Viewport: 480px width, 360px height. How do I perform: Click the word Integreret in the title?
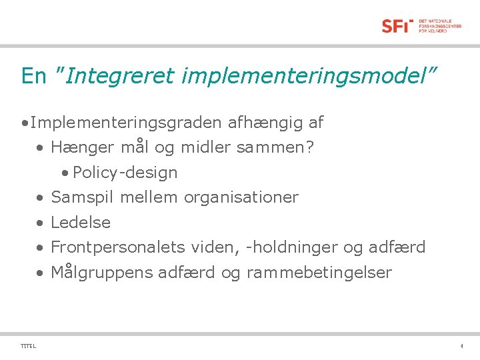pyautogui.click(x=118, y=76)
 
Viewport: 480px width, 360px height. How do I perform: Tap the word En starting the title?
pyautogui.click(x=33, y=76)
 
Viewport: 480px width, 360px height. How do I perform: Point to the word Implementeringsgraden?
pyautogui.click(x=126, y=123)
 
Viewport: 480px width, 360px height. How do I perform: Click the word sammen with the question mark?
pyautogui.click(x=275, y=147)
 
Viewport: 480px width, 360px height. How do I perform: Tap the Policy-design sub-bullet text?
pyautogui.click(x=125, y=173)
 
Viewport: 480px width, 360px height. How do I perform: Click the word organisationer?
pyautogui.click(x=241, y=197)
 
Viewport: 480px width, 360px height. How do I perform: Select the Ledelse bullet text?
pyautogui.click(x=81, y=223)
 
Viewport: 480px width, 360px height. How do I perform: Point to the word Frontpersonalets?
pyautogui.click(x=118, y=247)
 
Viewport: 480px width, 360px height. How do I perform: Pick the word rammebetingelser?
pyautogui.click(x=319, y=273)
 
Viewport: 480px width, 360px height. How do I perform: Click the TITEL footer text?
pyautogui.click(x=29, y=346)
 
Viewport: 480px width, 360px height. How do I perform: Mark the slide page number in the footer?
pyautogui.click(x=461, y=346)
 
